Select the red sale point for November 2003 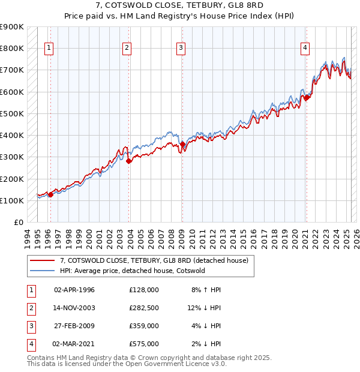click(129, 161)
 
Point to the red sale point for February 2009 click(182, 144)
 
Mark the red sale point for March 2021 click(307, 97)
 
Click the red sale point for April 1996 click(50, 194)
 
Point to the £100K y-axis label click(12, 200)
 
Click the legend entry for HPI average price click(132, 271)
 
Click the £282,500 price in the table click(143, 308)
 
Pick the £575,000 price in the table click(143, 344)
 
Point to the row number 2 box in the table click(30, 308)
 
